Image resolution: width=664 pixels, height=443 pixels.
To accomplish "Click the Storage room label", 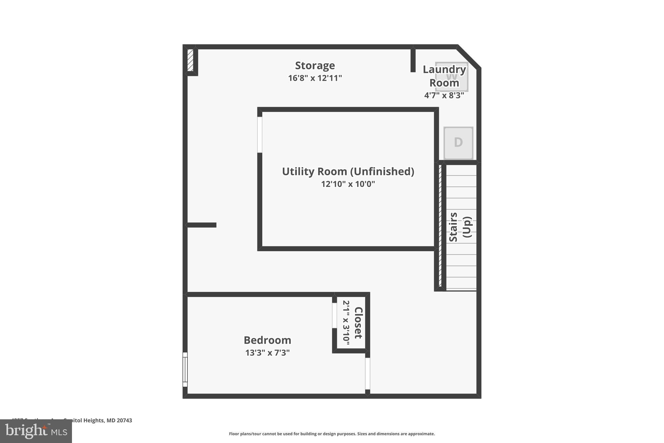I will click(314, 66).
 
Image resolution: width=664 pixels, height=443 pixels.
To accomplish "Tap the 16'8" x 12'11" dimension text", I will click(315, 78).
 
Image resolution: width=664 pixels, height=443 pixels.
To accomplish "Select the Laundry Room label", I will click(444, 76).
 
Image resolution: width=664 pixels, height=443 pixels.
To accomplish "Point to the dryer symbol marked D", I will click(458, 143).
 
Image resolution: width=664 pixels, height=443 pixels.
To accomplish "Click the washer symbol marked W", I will click(452, 77).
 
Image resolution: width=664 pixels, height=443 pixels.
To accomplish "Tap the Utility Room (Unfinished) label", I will click(348, 171).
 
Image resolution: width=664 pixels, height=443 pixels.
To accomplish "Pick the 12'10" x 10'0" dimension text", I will click(348, 184).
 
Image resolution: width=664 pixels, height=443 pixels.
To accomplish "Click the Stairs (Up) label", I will click(460, 227).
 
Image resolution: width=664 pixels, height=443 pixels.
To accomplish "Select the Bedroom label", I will click(267, 340).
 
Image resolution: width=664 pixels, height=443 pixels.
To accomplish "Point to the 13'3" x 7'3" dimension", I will click(267, 353).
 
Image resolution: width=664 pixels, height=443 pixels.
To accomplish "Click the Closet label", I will click(358, 323).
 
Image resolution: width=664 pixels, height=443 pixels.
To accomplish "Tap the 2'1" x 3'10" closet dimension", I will click(346, 323).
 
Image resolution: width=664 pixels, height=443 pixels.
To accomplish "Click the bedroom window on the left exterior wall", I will click(185, 369).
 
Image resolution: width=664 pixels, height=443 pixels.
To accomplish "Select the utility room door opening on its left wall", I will click(260, 135).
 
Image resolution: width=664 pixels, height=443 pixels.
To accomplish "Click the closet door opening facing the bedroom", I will click(334, 315).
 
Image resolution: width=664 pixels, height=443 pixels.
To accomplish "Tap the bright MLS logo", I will click(36, 431).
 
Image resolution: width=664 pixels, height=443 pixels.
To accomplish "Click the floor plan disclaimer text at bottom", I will click(332, 434).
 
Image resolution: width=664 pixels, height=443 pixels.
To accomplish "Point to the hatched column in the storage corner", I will click(191, 60).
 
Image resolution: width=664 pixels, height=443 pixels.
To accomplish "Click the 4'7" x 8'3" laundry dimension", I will click(444, 95).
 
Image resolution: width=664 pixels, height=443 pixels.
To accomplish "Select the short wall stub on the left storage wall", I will click(202, 225).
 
